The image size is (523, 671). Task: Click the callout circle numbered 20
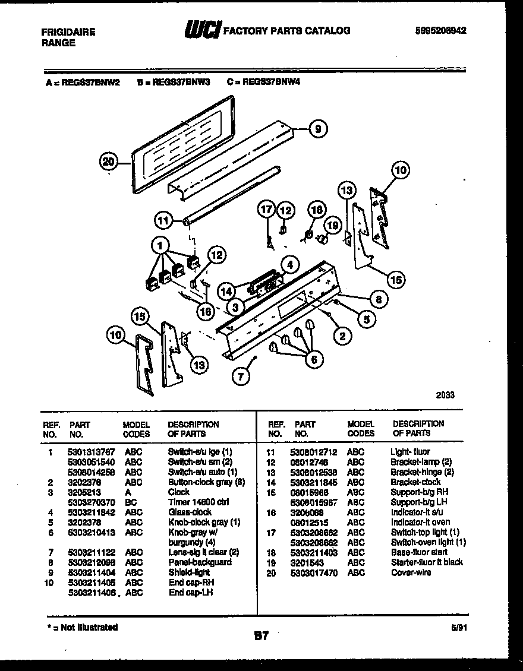point(108,162)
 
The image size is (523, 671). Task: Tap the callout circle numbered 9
point(318,128)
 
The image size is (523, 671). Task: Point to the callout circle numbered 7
point(241,375)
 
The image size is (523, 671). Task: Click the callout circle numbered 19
point(333,225)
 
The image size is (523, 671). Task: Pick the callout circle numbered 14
point(225,292)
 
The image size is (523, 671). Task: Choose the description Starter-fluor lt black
point(426,562)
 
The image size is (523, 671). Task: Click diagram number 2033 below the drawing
point(445,394)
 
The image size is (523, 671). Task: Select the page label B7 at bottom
point(261,636)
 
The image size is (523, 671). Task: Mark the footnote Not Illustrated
point(83,627)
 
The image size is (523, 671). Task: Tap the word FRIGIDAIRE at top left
point(69,32)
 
